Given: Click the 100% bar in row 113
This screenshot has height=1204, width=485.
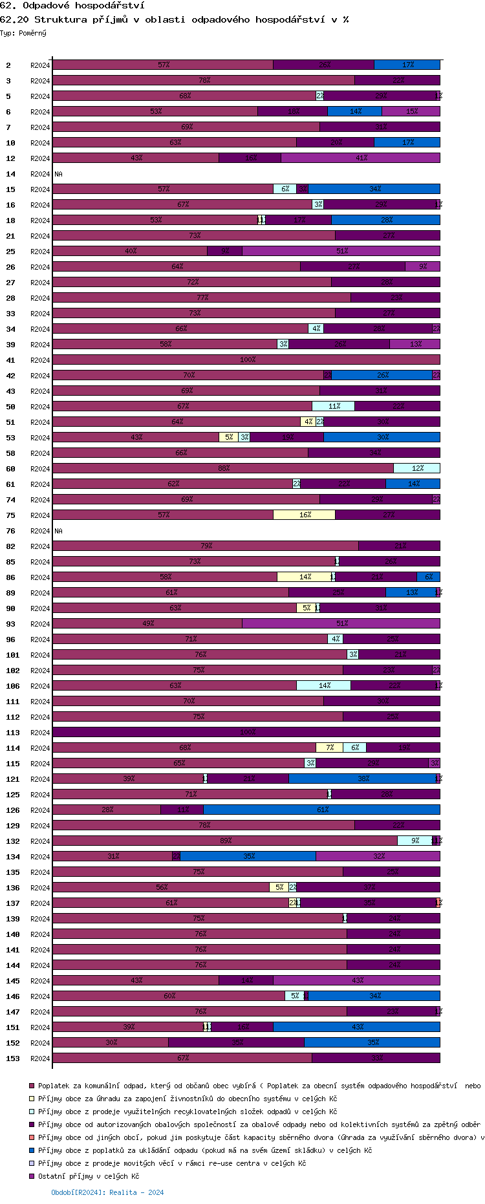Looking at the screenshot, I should [246, 732].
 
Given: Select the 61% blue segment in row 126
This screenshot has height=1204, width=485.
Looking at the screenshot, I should [321, 810].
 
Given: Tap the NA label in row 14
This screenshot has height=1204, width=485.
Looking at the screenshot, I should [58, 174].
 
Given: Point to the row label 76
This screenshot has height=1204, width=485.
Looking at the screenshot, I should [10, 531].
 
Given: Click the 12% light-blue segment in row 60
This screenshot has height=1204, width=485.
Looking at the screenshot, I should [416, 468].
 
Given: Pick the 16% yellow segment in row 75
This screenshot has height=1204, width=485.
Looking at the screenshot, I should [304, 515].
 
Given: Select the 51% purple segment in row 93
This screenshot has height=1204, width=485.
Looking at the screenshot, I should [341, 623].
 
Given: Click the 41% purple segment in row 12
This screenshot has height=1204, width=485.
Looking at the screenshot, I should [360, 158].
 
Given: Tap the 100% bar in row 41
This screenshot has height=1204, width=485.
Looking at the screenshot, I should [246, 360].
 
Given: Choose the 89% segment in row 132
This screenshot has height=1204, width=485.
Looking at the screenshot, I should [224, 841].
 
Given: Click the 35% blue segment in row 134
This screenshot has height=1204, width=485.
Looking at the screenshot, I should [248, 856].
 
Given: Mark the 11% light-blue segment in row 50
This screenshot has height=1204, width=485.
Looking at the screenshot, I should [333, 406].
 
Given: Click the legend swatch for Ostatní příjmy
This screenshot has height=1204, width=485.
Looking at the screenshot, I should [31, 1176].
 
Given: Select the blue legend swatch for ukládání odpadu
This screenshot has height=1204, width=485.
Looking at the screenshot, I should [31, 1150].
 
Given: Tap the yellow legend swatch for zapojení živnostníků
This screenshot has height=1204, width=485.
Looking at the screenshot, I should [31, 1099].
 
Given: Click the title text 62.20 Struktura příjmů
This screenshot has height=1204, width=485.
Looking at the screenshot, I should [175, 19].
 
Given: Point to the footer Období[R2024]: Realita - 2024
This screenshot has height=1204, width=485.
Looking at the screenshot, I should [107, 1192].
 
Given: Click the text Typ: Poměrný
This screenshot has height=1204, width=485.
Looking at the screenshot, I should [23, 33].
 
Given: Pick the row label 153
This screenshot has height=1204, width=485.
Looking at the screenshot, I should [12, 1059].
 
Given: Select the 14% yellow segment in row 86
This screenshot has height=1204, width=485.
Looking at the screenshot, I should [304, 577].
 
